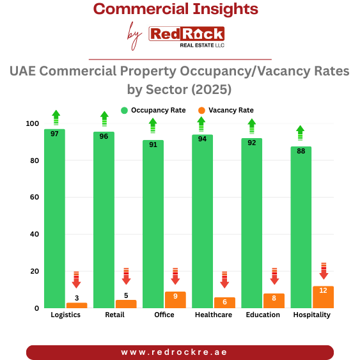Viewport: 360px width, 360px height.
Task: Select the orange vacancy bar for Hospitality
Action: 324,297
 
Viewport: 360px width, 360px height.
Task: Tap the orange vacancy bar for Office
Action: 175,300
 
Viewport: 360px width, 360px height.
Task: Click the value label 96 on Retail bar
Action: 104,136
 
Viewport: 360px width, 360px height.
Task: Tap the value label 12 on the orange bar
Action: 324,290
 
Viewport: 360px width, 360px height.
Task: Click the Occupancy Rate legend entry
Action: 153,110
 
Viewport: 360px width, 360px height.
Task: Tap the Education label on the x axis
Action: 263,315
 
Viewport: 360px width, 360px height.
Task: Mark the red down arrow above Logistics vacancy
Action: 77,279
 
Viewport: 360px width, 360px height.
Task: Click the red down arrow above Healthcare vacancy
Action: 224,279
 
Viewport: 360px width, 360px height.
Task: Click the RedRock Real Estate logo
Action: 186,36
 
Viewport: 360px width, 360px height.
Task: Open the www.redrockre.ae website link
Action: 180,352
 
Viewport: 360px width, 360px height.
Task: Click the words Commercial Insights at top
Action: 176,10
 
